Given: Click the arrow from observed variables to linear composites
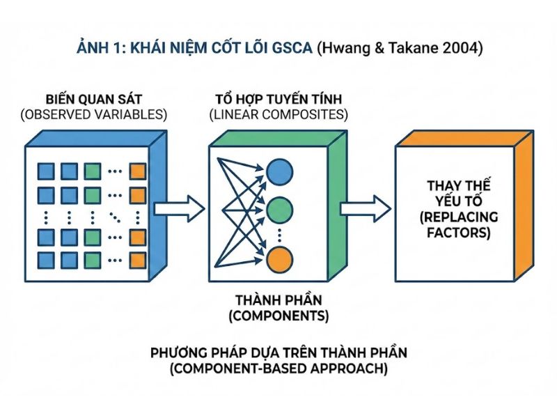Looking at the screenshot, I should pos(179,208).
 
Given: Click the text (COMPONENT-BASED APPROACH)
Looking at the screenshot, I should pos(278,369).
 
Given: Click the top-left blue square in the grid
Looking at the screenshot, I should pos(46,170).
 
